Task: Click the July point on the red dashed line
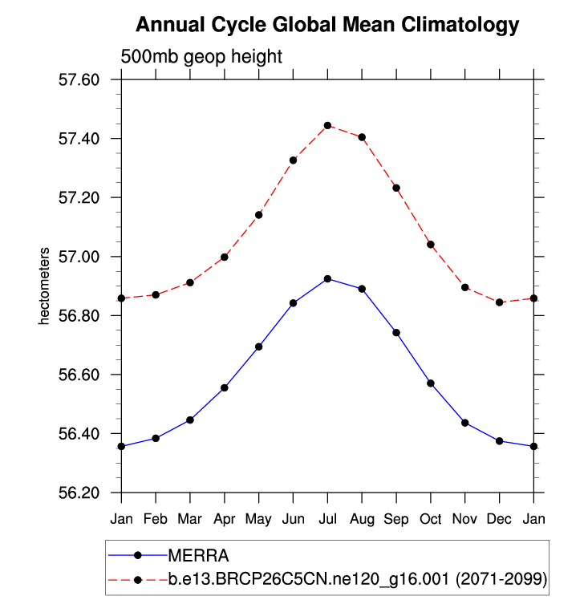327,125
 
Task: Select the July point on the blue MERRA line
327,278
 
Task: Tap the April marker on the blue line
225,387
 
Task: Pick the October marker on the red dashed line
431,244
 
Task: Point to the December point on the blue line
500,441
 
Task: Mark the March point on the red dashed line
190,282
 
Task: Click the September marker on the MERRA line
396,332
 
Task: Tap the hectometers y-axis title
45,286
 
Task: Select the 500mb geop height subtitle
201,57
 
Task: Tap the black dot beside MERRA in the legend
137,554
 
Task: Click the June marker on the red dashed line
294,160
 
